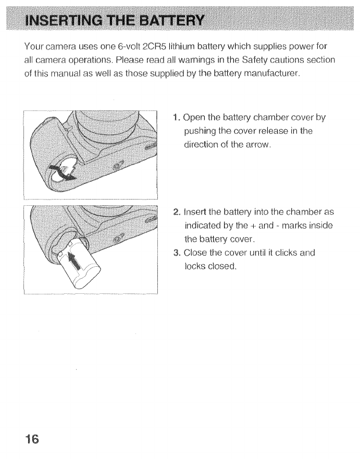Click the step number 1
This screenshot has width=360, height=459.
pos(175,117)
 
